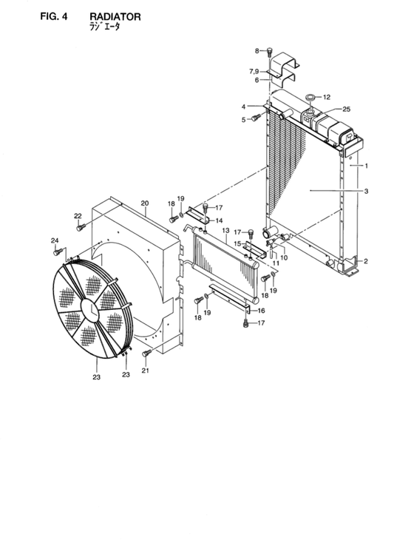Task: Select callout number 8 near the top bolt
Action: pos(258,50)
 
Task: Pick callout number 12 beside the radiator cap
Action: pos(327,96)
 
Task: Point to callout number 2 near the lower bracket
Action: pos(365,261)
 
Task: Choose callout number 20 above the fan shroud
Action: pos(145,203)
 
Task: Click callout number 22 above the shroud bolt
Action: pos(78,216)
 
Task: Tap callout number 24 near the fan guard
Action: pos(55,240)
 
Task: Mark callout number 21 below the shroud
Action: pos(145,370)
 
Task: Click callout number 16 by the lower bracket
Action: pos(260,311)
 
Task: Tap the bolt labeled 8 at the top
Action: pos(270,53)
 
